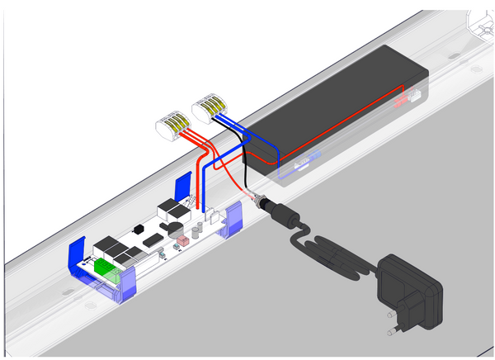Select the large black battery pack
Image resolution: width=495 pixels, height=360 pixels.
[x=338, y=107]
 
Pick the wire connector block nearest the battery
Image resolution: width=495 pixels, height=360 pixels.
[x=209, y=106]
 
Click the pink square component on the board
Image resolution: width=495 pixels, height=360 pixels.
[x=181, y=241]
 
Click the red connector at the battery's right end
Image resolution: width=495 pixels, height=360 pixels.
[x=403, y=101]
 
